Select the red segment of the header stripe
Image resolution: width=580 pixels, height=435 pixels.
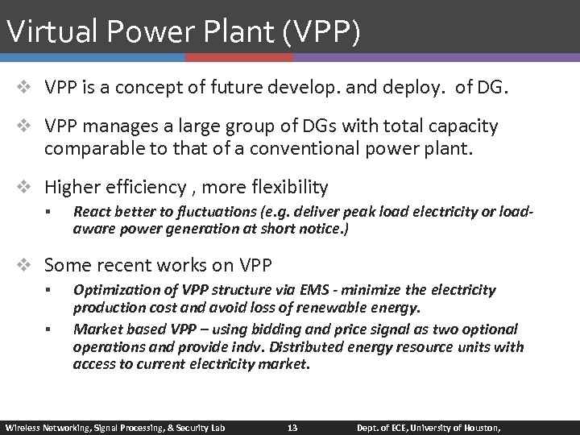(239, 58)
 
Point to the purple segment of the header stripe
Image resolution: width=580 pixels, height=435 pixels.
(436, 58)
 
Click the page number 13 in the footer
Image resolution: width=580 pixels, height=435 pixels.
(293, 426)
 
